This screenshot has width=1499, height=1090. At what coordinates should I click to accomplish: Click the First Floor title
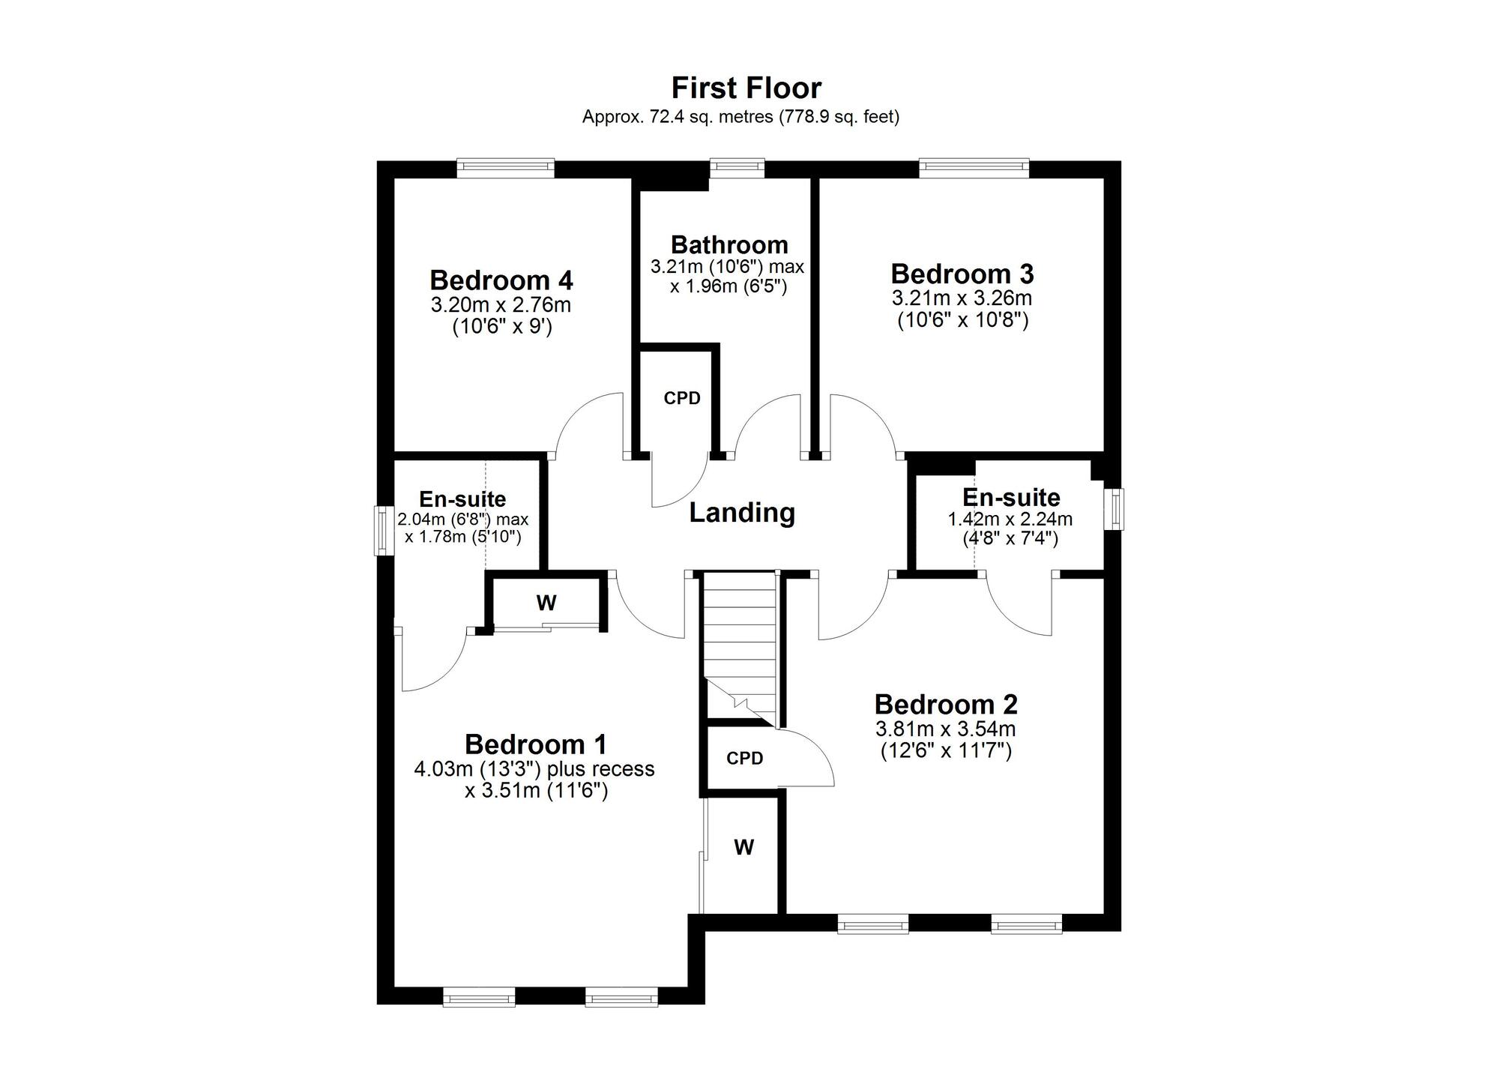(x=746, y=88)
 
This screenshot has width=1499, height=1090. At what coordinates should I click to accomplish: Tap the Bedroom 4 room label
(x=501, y=280)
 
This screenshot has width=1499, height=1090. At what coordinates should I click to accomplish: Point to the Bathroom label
(x=729, y=244)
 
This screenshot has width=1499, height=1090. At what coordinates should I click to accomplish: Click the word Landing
(x=742, y=513)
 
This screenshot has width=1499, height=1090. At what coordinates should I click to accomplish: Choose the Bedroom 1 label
(x=535, y=744)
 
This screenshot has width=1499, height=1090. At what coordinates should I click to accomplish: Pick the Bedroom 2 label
(x=946, y=704)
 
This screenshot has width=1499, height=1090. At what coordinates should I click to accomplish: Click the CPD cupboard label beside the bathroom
(x=682, y=398)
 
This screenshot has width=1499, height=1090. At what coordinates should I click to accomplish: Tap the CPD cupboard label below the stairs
(x=744, y=758)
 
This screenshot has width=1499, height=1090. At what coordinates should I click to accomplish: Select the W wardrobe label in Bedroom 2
(x=744, y=847)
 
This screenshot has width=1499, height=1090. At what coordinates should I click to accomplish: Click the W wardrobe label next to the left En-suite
(x=546, y=602)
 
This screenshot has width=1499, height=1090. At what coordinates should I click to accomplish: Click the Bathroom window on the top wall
(x=737, y=169)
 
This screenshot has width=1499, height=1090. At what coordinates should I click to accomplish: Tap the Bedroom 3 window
(x=974, y=169)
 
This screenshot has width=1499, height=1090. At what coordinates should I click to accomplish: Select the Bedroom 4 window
(x=506, y=169)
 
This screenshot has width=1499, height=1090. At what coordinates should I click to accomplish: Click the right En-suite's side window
(x=1115, y=510)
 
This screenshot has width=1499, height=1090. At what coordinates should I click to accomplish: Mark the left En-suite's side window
(x=384, y=530)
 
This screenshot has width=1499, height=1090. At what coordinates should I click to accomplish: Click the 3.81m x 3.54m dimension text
(x=946, y=729)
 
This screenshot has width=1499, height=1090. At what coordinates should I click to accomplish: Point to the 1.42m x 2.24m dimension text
(x=1010, y=519)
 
